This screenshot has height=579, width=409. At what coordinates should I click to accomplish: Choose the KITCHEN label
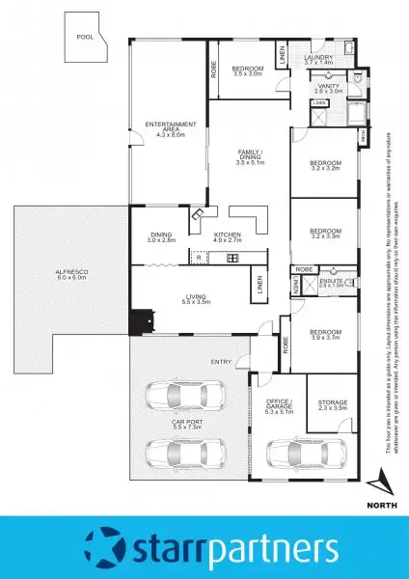(x=228, y=236)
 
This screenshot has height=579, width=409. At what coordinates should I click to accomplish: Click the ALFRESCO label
(x=71, y=274)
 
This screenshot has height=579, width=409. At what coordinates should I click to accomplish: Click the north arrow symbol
(x=382, y=480)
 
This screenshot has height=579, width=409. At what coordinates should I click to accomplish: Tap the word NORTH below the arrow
(x=382, y=502)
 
